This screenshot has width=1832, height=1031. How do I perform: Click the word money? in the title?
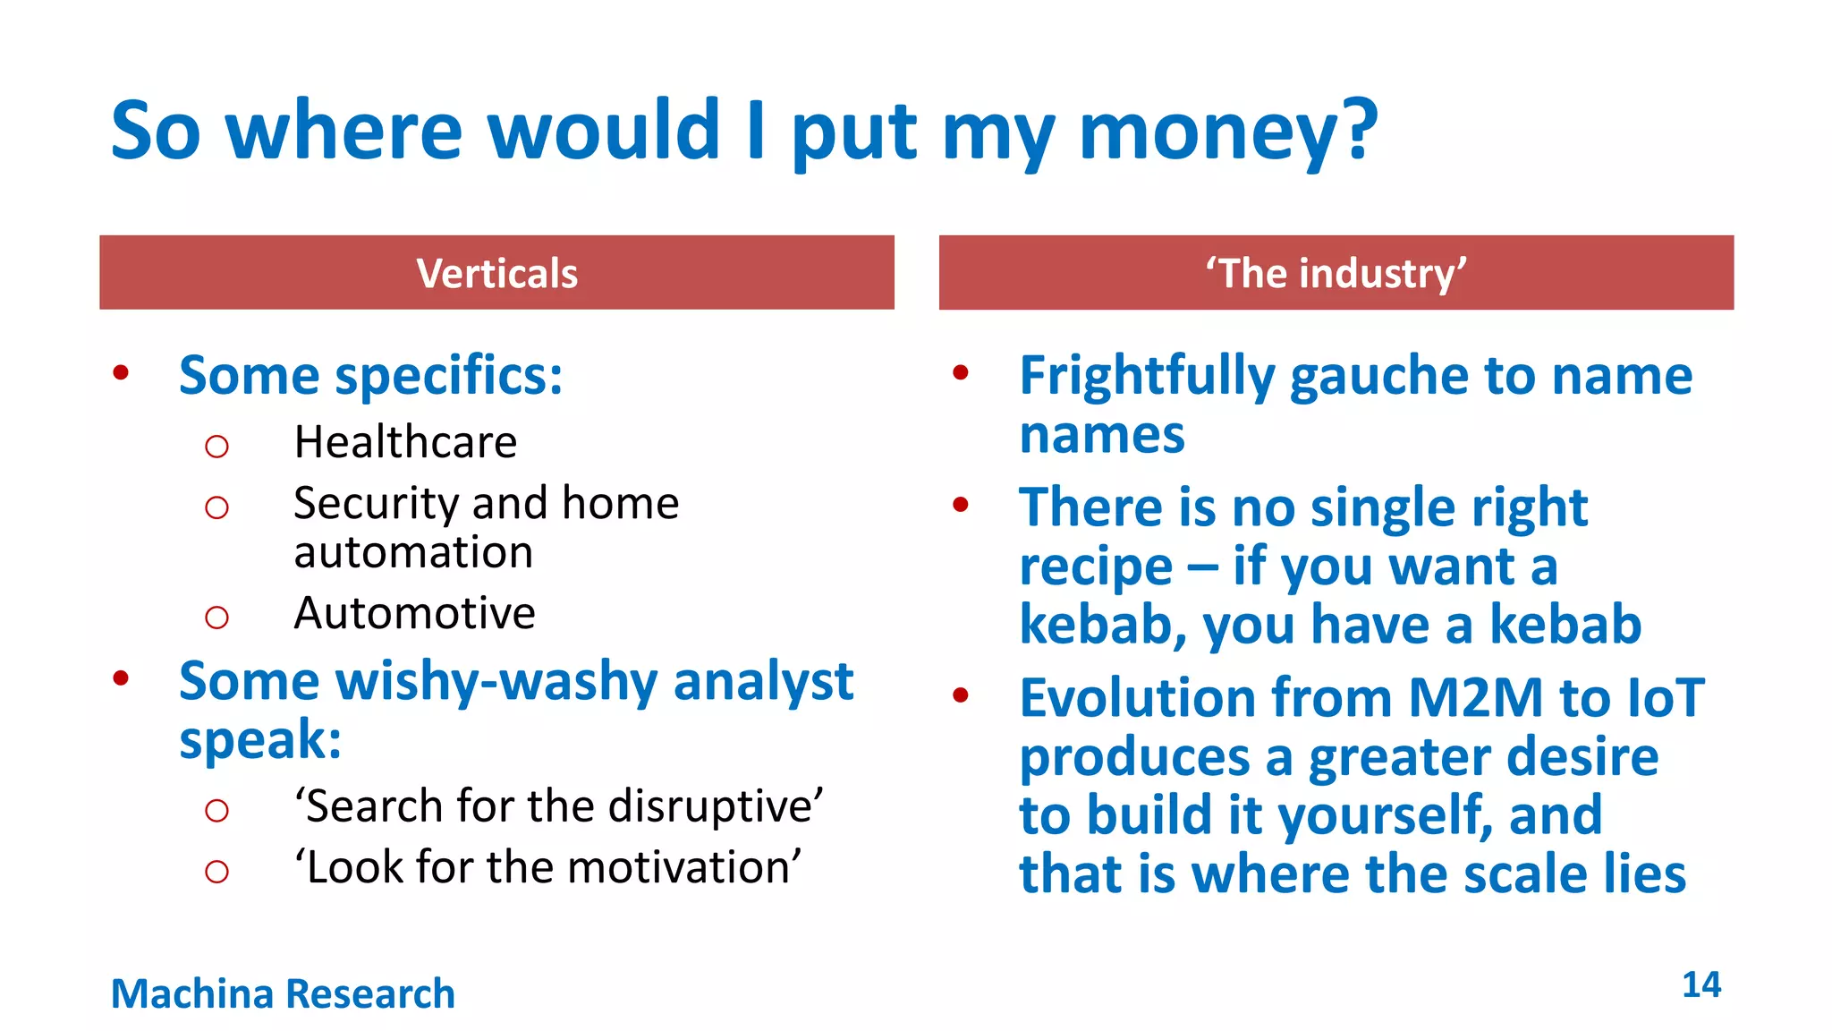(1227, 132)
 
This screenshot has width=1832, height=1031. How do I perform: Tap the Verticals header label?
(497, 273)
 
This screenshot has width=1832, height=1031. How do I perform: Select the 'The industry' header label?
(1336, 273)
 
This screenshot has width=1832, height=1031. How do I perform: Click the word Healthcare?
(405, 442)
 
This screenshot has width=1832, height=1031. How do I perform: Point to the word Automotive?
(414, 614)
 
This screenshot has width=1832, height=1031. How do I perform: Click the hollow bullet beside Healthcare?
(216, 446)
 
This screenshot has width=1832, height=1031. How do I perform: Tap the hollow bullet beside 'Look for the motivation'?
(216, 871)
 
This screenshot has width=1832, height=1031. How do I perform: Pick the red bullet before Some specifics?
(121, 372)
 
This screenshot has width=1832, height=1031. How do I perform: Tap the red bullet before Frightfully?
(961, 372)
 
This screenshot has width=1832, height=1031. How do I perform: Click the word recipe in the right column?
(1095, 567)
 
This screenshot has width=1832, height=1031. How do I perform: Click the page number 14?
(1701, 984)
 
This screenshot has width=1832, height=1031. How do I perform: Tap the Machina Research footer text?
(283, 993)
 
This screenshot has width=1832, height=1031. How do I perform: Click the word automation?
(413, 552)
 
